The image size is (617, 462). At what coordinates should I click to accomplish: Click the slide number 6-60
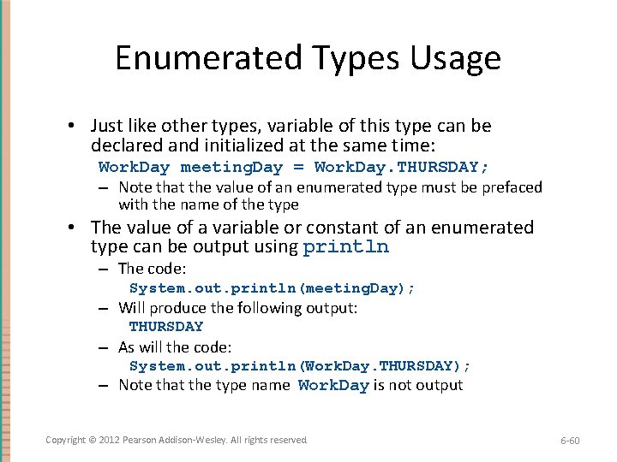570,441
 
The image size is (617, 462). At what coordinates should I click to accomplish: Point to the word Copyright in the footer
66,440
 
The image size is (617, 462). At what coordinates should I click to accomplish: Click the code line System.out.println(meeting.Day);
272,288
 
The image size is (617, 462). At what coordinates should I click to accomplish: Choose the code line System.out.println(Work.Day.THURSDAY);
300,366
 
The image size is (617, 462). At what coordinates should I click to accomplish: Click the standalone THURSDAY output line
166,327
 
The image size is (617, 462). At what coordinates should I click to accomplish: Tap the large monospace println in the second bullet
345,248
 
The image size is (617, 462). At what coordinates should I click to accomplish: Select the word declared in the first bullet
123,145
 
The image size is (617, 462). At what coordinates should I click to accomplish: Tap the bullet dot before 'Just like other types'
76,127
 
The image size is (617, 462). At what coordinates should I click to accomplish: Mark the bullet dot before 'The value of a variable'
76,228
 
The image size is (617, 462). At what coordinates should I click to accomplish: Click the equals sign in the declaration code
298,168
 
